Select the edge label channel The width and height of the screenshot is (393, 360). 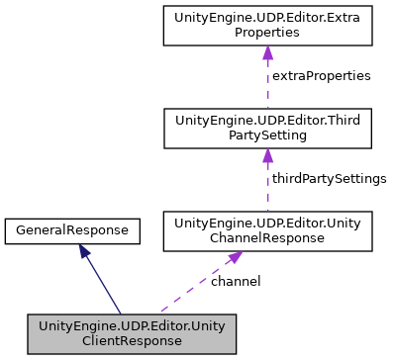coord(236,281)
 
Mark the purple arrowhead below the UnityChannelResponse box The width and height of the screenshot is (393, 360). coord(234,257)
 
